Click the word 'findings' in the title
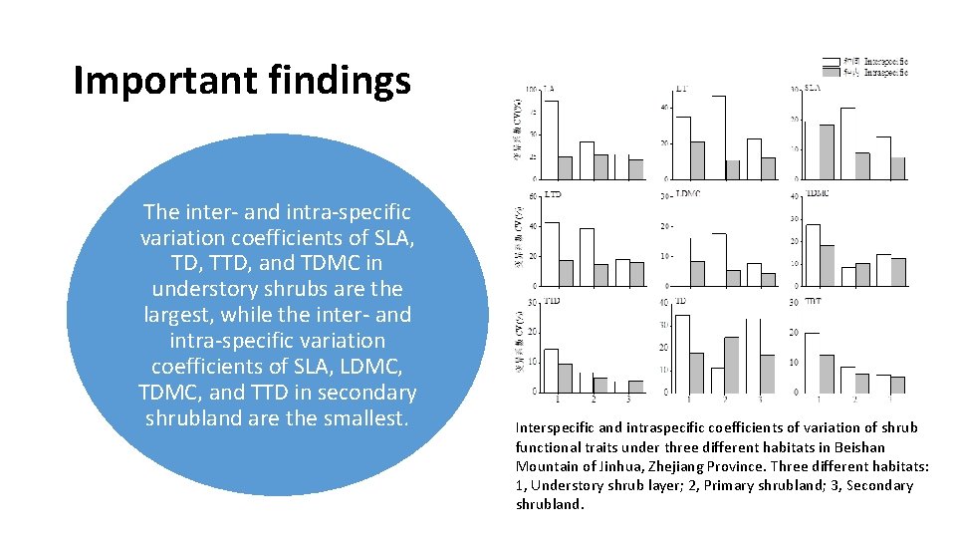[349, 81]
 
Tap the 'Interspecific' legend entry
[885, 61]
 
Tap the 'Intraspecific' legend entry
[885, 72]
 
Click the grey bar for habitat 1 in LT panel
[697, 159]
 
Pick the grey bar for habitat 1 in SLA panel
[827, 151]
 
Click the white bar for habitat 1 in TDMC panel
[813, 255]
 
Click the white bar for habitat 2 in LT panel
[718, 137]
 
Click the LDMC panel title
[687, 194]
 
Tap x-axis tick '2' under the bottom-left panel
[594, 401]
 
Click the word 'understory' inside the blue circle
[205, 289]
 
